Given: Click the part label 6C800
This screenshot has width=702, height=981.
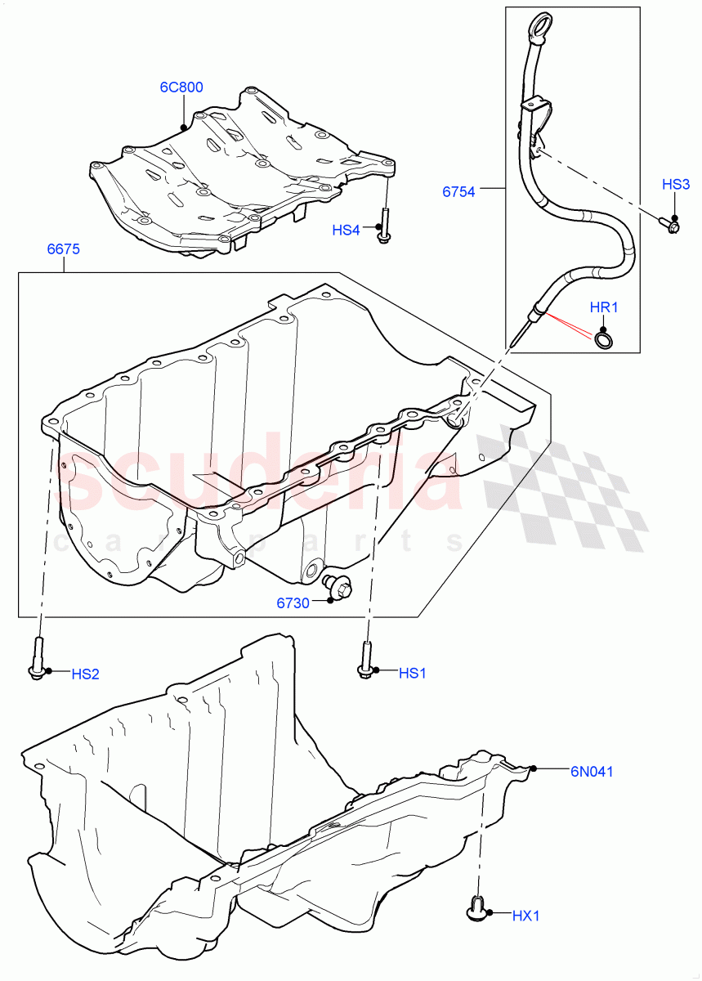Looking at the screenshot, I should coord(181,87).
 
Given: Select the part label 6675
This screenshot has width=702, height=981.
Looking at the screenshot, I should coord(63,250).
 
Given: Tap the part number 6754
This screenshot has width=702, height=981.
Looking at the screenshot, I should coord(458,192).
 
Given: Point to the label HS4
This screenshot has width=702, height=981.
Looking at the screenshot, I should coord(346,231).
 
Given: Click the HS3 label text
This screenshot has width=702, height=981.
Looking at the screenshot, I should coord(676,186).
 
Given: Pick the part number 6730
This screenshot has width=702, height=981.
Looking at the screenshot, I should coord(293,603).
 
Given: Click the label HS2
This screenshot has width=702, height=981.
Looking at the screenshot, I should coord(85,674).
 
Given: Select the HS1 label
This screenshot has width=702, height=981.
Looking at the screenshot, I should coord(413,673).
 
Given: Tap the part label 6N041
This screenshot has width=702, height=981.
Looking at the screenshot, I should coord(592,770).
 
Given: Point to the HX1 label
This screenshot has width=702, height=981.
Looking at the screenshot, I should coord(526,916).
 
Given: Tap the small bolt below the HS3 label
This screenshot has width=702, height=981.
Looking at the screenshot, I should coord(668,222).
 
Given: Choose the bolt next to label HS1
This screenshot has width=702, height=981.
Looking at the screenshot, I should coord(365,660).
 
